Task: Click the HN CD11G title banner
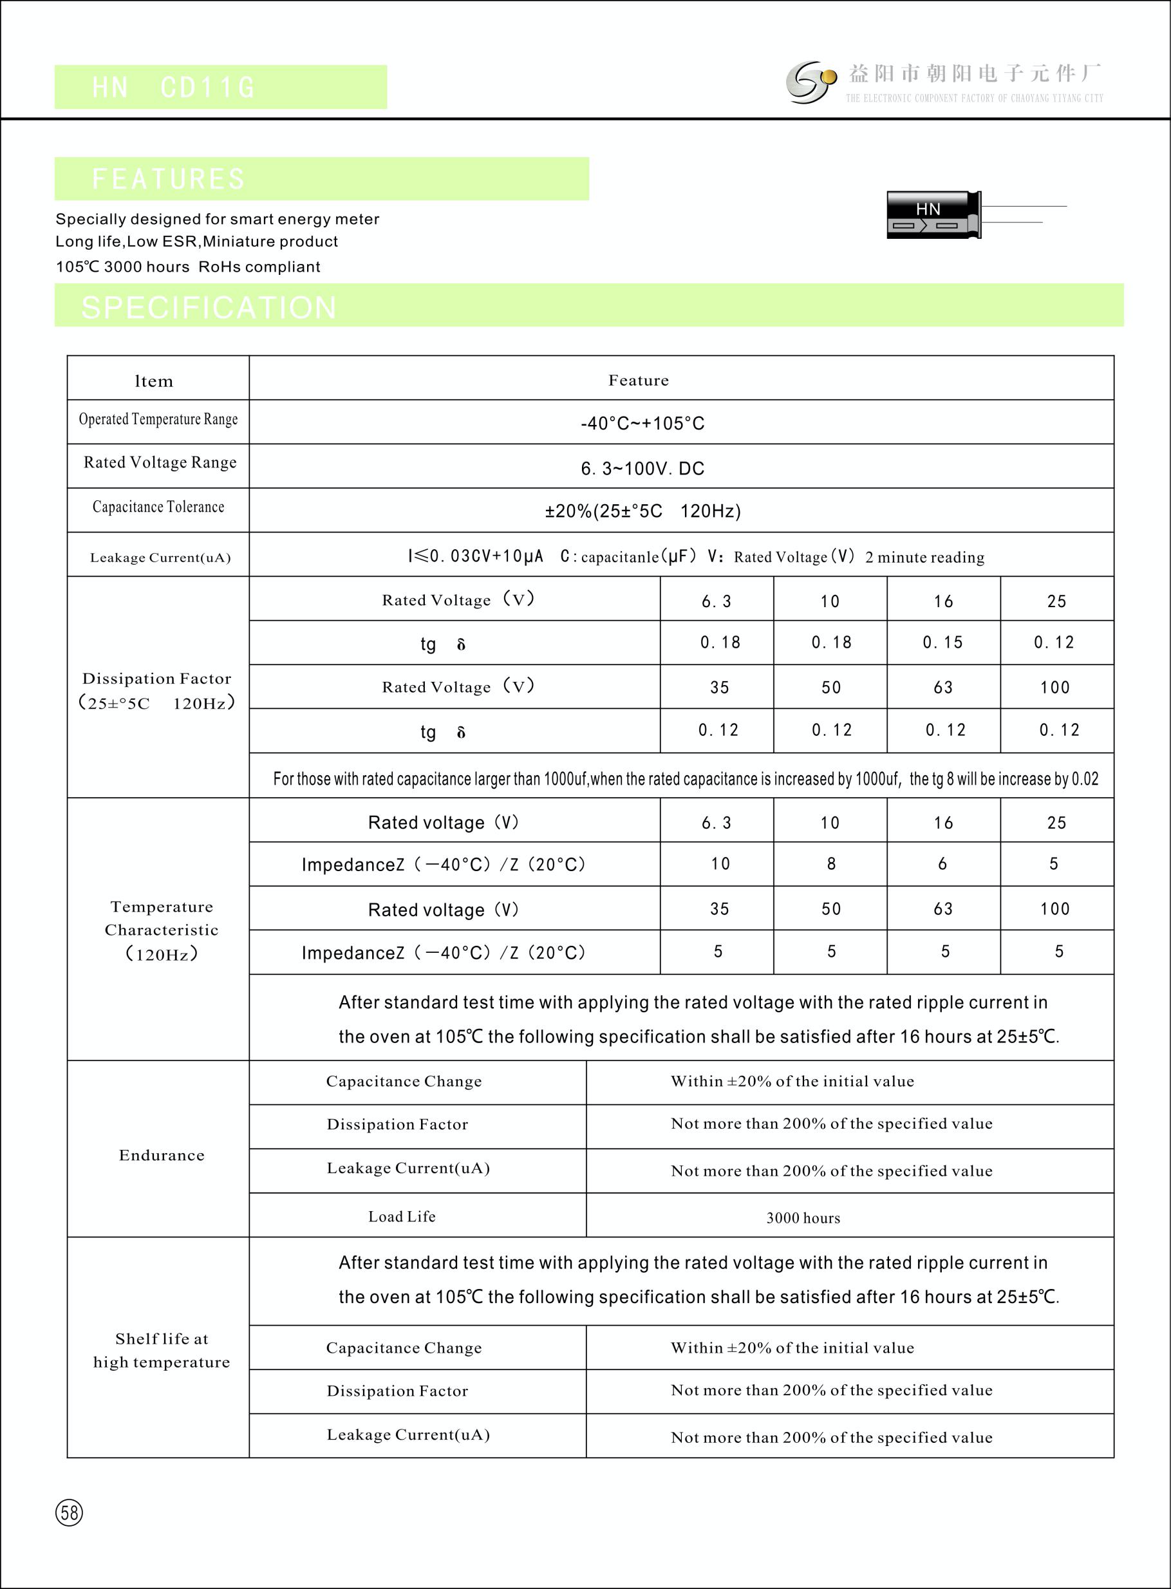tap(220, 87)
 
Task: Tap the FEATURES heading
tap(169, 178)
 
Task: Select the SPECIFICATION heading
tap(209, 307)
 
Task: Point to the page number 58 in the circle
tap(69, 1512)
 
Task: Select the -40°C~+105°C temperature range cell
tap(642, 423)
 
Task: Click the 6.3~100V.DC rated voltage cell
tap(642, 468)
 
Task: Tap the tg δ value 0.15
tap(942, 642)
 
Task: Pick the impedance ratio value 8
tap(830, 863)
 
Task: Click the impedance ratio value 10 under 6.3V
tap(720, 863)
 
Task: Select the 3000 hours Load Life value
tap(803, 1218)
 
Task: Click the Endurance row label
tap(162, 1155)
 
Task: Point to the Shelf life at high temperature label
tap(162, 1350)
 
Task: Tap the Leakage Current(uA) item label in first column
tap(160, 557)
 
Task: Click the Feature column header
tap(638, 380)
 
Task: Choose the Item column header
tap(154, 381)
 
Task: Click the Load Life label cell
tap(402, 1216)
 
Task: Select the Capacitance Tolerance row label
tap(158, 507)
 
